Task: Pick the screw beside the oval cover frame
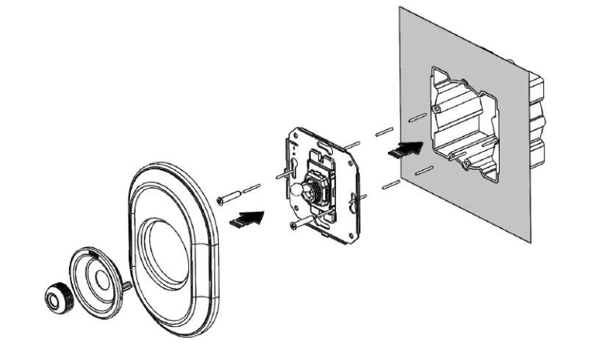[230, 197]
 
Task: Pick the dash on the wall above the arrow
[414, 117]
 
